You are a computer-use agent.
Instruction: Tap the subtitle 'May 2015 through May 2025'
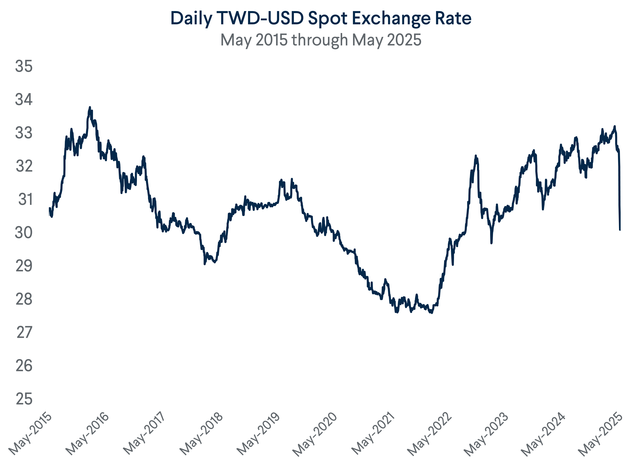tap(321, 40)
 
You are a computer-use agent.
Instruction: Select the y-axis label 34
tap(24, 100)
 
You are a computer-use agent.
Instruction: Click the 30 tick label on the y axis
tap(24, 233)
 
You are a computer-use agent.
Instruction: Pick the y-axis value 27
tap(24, 332)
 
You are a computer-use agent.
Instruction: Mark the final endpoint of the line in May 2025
tap(620, 230)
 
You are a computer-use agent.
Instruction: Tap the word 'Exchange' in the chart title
tap(391, 19)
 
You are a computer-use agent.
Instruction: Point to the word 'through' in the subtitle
tap(320, 40)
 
